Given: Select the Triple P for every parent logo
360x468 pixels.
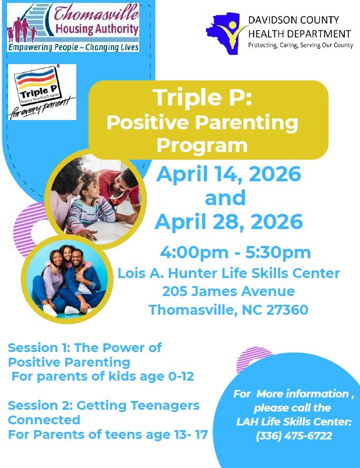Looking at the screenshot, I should click(x=42, y=92).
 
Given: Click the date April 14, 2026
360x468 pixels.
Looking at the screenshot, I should click(x=228, y=174).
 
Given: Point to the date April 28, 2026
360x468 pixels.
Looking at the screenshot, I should click(x=228, y=221).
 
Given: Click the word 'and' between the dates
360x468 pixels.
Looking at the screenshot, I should click(x=225, y=198).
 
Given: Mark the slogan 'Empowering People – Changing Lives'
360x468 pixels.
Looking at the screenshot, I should click(x=73, y=47).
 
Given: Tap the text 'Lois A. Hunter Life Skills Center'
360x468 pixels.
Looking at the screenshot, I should click(x=228, y=273).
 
